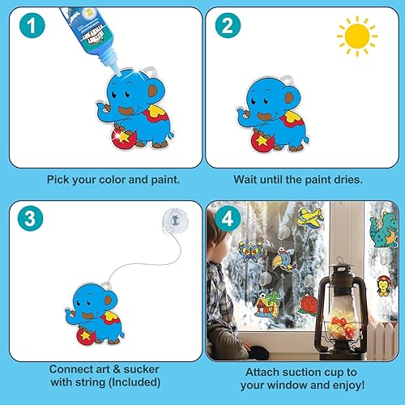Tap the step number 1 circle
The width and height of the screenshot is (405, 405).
coord(28,28)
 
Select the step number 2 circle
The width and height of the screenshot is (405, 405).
coord(228,28)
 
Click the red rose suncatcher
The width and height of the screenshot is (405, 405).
coord(309,305)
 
